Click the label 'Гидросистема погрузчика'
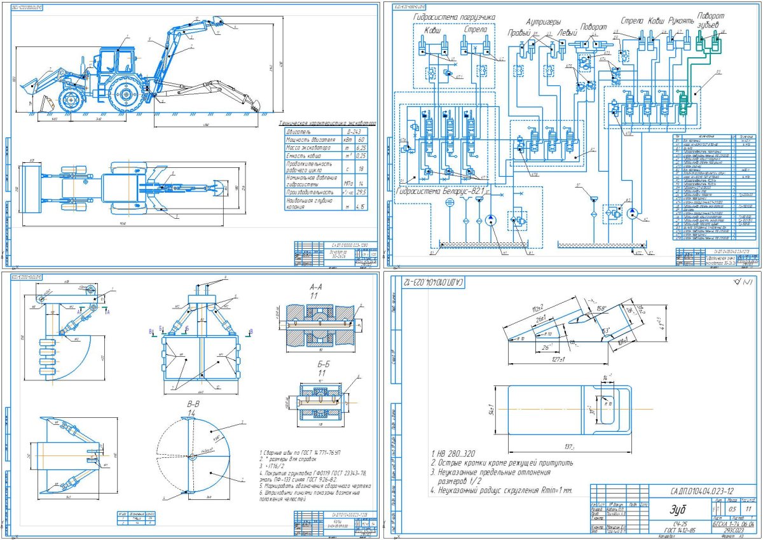click(453, 17)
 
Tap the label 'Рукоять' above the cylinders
click(682, 21)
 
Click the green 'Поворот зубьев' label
click(711, 19)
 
